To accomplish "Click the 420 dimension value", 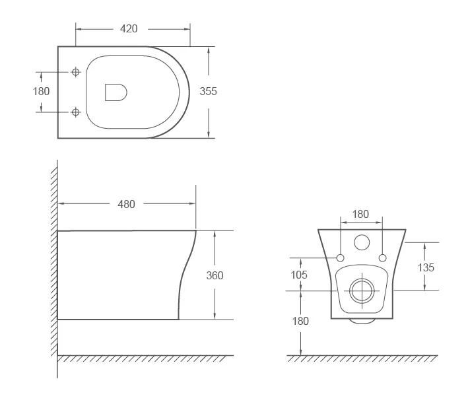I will tap(128, 28).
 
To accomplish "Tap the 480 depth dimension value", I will tap(126, 204).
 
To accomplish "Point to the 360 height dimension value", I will tap(215, 275).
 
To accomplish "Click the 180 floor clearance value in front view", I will tap(300, 321).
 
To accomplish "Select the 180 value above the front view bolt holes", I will tap(360, 214).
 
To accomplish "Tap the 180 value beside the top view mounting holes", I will tap(41, 91).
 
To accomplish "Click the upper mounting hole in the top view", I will tap(75, 71).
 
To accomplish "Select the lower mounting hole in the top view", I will tap(75, 112).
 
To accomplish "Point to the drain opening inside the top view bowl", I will tap(116, 92).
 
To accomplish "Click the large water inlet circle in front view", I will tap(362, 242).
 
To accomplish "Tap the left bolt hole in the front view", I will tap(341, 257).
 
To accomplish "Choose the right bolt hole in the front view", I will tap(382, 257).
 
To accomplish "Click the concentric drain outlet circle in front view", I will tap(361, 289).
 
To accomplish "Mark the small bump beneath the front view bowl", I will tap(361, 322).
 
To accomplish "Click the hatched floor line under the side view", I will tap(145, 359).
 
